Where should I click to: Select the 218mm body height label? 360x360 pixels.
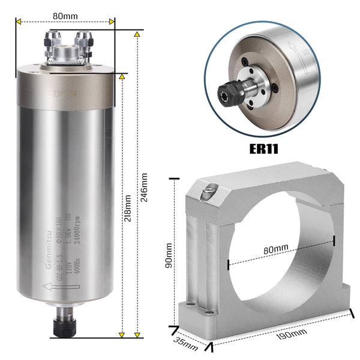coord(127,208)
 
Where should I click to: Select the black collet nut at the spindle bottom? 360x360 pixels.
coord(65,326)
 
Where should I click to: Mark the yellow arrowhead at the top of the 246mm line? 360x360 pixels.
coord(137,35)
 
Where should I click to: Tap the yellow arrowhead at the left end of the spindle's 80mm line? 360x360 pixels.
coord(19,22)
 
